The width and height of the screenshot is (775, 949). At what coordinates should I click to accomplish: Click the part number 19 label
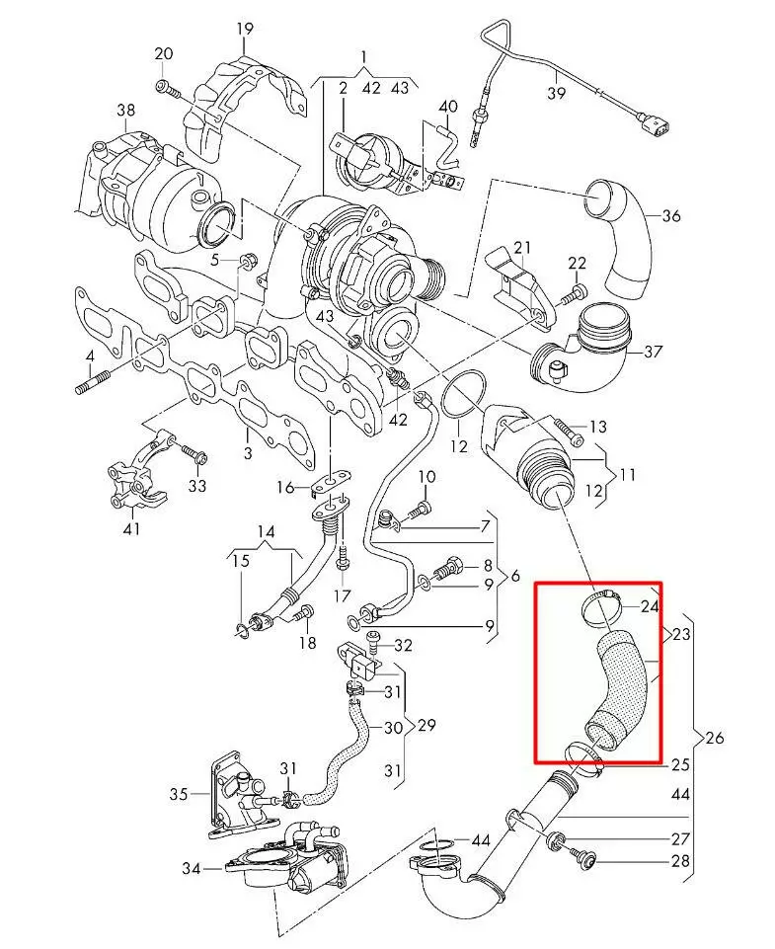pos(244,28)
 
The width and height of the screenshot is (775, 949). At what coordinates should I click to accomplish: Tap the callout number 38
pos(125,110)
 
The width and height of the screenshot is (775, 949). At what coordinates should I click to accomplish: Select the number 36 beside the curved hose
pos(670,216)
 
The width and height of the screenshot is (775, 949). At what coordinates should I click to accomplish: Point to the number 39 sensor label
pos(556,93)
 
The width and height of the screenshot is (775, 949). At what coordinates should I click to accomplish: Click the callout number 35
pos(178,793)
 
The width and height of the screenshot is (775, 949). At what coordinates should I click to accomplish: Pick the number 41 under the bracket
pos(131,528)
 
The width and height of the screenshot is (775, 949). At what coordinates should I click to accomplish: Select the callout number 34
pos(192,869)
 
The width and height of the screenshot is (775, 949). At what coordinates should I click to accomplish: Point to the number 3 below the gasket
pos(248,452)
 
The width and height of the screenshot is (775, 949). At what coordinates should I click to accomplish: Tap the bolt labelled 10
pos(419,510)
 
